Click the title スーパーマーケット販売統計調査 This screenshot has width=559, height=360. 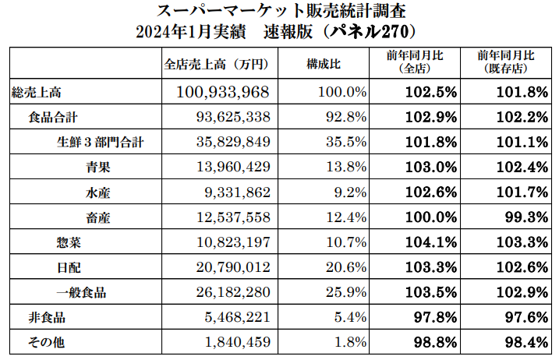click(280, 12)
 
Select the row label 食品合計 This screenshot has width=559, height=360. click(53, 118)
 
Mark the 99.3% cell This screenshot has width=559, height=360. click(522, 218)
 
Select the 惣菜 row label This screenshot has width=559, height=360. click(69, 243)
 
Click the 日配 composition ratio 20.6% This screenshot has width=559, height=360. click(346, 268)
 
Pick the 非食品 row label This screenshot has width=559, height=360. click(47, 318)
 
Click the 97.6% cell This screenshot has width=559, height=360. click(522, 318)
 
